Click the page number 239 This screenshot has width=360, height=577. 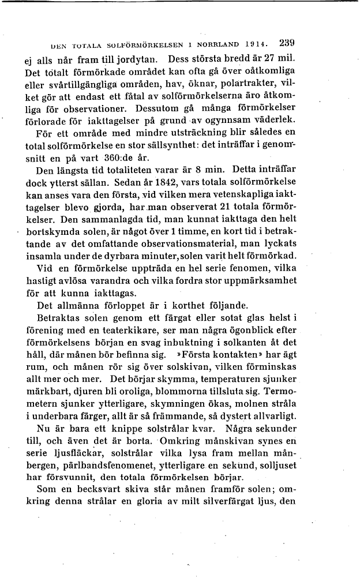(286, 43)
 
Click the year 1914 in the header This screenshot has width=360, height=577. (256, 44)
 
